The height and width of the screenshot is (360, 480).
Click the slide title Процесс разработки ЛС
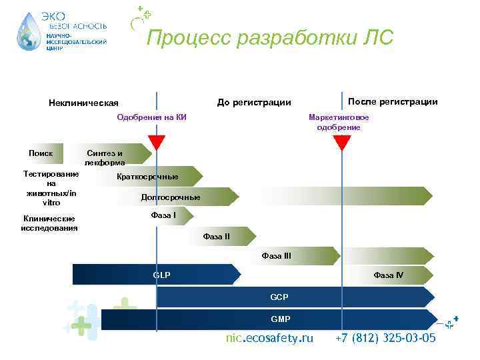[270, 38]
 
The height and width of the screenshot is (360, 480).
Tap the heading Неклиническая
[83, 103]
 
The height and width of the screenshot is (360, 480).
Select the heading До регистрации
[254, 102]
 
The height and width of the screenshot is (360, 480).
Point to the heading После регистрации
[393, 101]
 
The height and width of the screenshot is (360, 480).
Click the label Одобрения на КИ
[151, 117]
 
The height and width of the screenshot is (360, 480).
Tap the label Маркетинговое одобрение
[339, 122]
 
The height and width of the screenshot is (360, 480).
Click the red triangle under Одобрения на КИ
[157, 142]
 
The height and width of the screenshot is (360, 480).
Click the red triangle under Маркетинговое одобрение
[341, 142]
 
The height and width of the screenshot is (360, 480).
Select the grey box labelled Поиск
[41, 153]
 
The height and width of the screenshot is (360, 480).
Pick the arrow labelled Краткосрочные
[147, 177]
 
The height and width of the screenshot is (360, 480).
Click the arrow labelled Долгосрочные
[171, 197]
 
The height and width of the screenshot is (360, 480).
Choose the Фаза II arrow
[217, 236]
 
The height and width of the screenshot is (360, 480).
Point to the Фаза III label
[276, 255]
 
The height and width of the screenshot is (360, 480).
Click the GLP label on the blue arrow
[161, 275]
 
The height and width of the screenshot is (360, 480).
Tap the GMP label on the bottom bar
[280, 319]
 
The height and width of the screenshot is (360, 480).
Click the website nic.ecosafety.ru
[269, 338]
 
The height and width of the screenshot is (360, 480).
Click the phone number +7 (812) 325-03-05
[385, 338]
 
